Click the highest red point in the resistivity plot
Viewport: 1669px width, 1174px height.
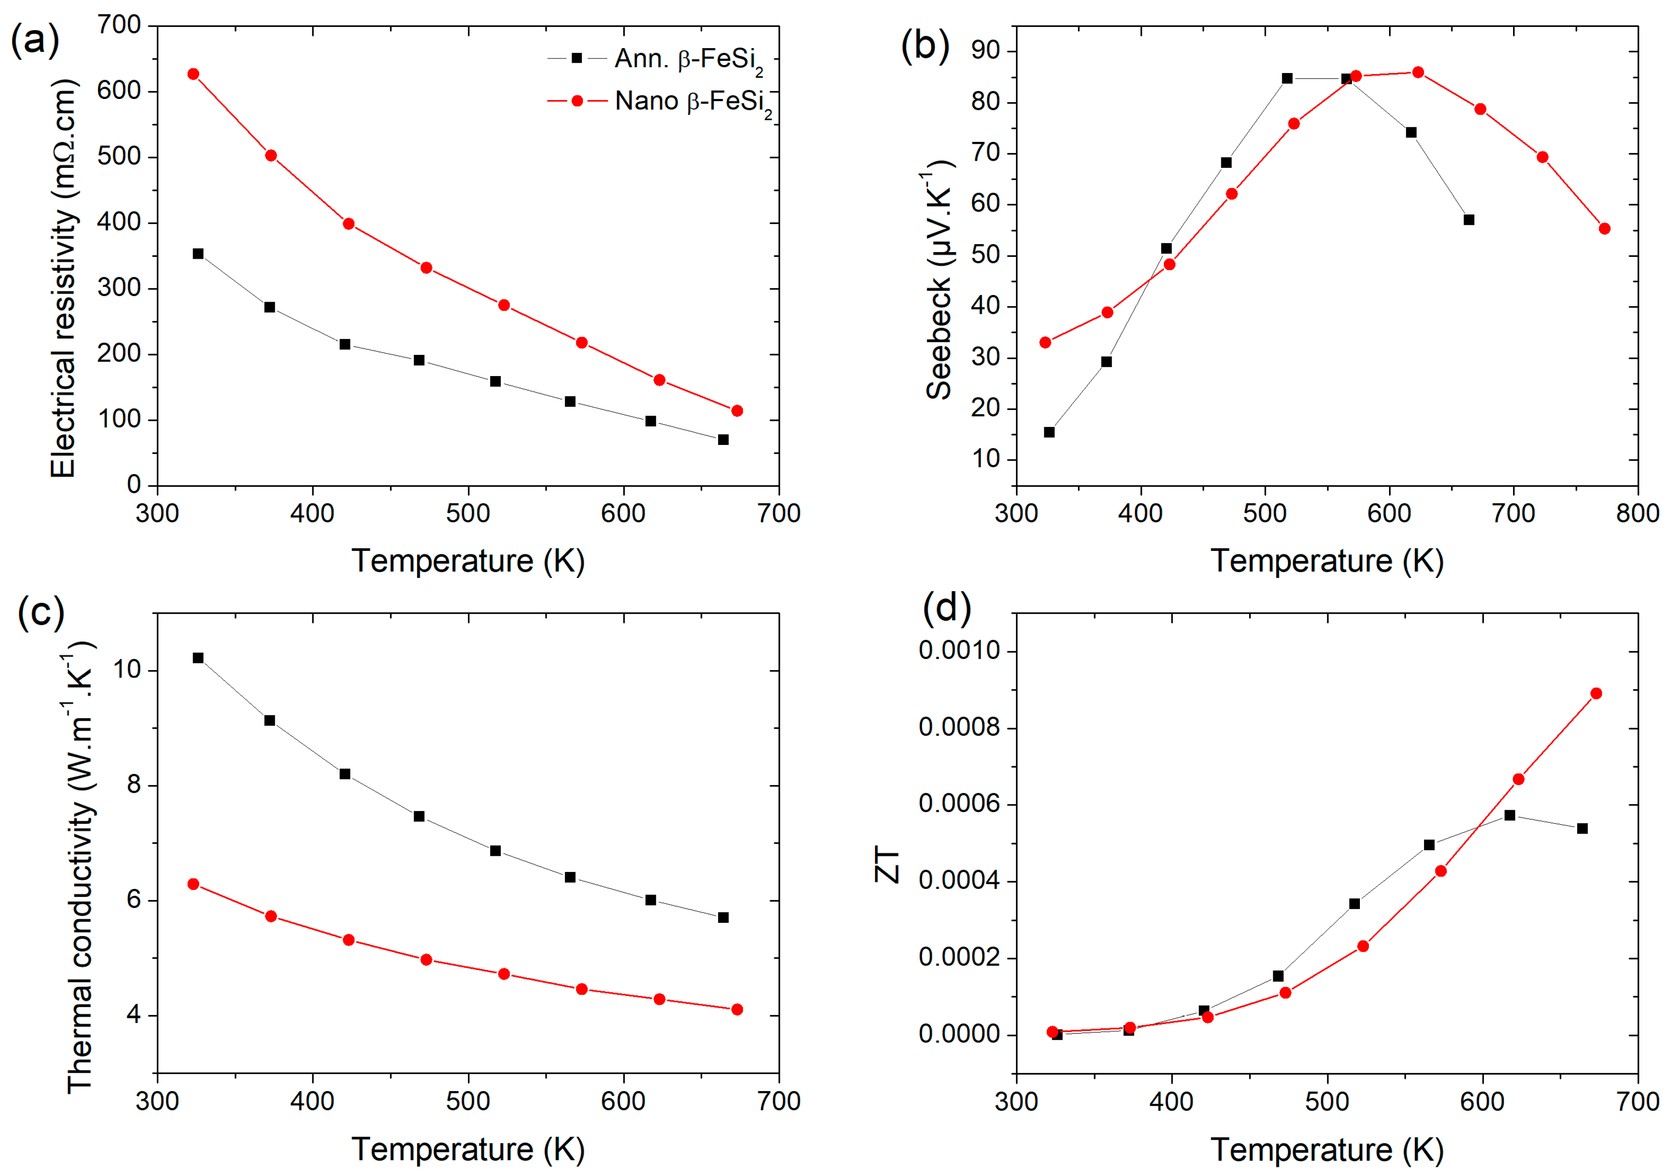[193, 74]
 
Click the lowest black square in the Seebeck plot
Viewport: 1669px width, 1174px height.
[1049, 432]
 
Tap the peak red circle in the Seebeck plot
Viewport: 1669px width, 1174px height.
[1417, 72]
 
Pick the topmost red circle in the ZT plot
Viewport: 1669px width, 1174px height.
[1595, 693]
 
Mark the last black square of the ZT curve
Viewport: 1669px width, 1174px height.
[1582, 828]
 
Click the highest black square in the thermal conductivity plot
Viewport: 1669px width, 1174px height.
[198, 658]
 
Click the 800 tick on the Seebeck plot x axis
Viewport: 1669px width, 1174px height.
[1637, 513]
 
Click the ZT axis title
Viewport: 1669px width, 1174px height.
[888, 864]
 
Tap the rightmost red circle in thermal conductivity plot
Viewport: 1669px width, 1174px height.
[736, 1009]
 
